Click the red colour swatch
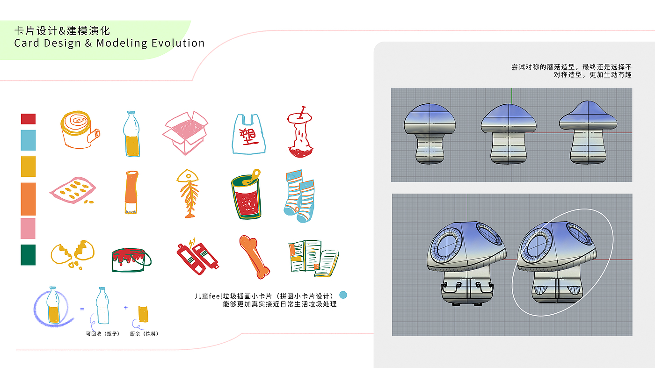[28, 119]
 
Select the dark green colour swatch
[28, 255]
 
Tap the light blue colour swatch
[28, 140]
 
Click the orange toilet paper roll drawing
[79, 130]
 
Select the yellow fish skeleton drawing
[188, 193]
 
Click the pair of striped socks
[298, 196]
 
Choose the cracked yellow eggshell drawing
[73, 253]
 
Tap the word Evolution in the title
[178, 43]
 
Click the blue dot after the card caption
[343, 295]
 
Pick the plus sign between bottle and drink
[126, 308]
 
